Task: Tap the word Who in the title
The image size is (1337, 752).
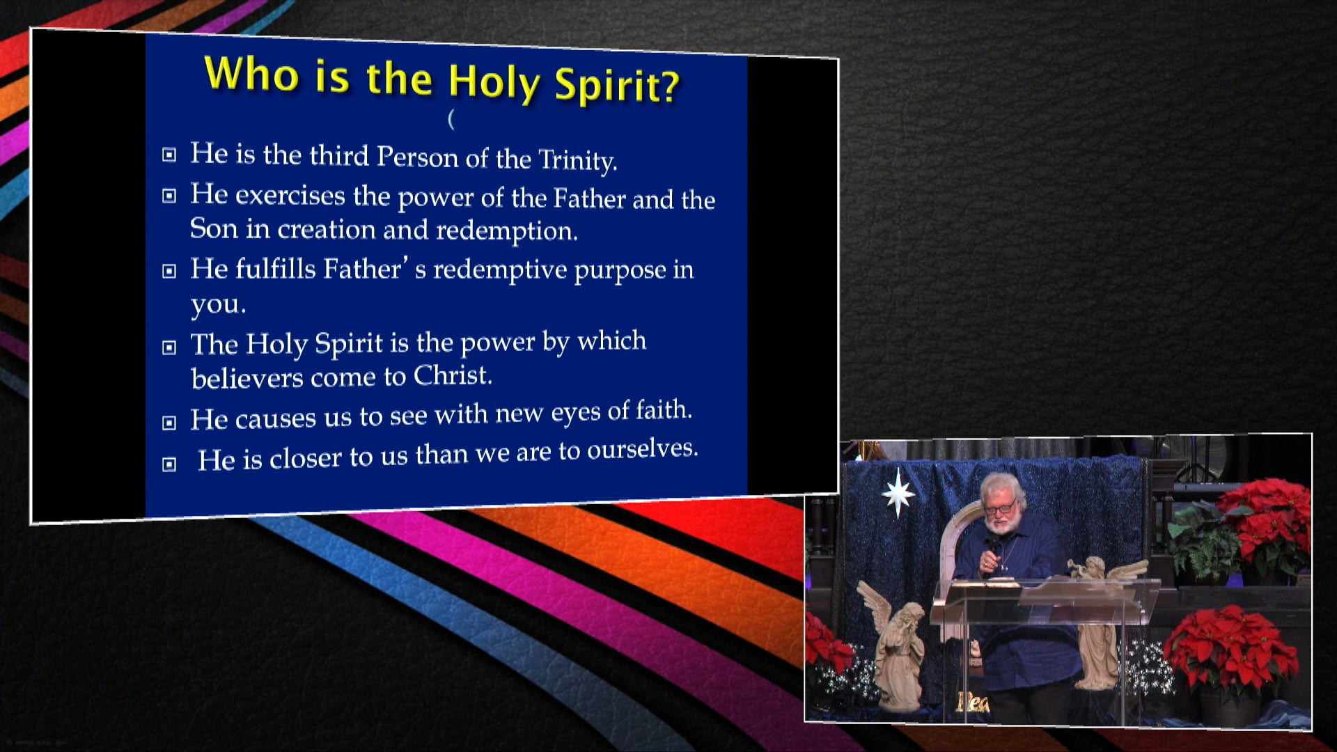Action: click(251, 73)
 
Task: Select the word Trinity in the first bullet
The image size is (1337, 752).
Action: click(577, 160)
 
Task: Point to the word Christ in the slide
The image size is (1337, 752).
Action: click(453, 376)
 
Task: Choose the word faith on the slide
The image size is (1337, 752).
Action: click(664, 410)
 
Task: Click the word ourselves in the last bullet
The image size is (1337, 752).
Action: click(642, 450)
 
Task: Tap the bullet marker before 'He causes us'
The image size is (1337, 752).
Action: click(169, 423)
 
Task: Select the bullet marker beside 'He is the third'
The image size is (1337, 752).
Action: click(169, 155)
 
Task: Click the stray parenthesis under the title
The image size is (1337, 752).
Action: click(451, 120)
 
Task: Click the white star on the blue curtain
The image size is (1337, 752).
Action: click(898, 493)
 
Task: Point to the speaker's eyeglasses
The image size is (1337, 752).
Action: click(1001, 508)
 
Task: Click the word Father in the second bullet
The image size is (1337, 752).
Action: click(589, 199)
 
